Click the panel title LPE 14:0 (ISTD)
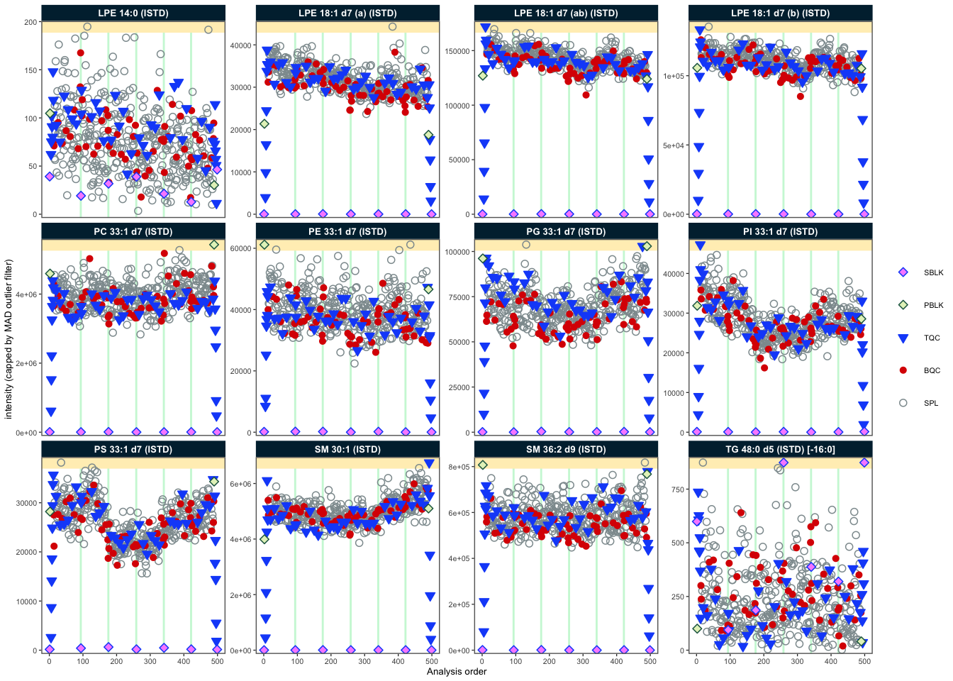pyautogui.click(x=133, y=13)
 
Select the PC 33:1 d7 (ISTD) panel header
pyautogui.click(x=133, y=231)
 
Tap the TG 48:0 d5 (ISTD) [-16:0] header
pyautogui.click(x=780, y=449)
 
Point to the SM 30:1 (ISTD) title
pyautogui.click(x=347, y=449)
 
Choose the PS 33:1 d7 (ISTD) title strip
pyautogui.click(x=133, y=449)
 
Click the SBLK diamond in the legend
pyautogui.click(x=903, y=272)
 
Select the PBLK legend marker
pyautogui.click(x=903, y=305)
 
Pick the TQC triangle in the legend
pyautogui.click(x=903, y=338)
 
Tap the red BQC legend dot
pyautogui.click(x=903, y=370)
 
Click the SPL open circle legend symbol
pyautogui.click(x=903, y=403)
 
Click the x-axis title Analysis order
pyautogui.click(x=457, y=671)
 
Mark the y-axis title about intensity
pyautogui.click(x=9, y=339)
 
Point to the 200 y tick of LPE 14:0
pyautogui.click(x=30, y=22)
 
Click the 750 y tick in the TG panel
pyautogui.click(x=678, y=489)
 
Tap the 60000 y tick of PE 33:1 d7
pyautogui.click(x=241, y=248)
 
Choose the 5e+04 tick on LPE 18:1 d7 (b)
pyautogui.click(x=674, y=145)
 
